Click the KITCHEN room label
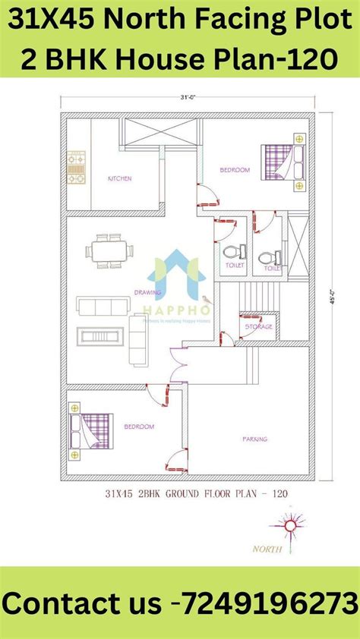pyautogui.click(x=119, y=178)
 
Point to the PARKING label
pyautogui.click(x=254, y=438)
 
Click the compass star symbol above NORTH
pyautogui.click(x=289, y=524)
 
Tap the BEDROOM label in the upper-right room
pyautogui.click(x=235, y=170)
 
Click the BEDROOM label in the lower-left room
pyautogui.click(x=139, y=427)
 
